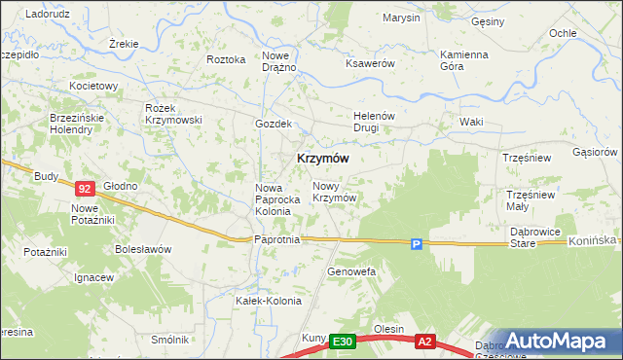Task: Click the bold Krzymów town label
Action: click(317, 158)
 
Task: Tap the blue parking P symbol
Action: click(416, 245)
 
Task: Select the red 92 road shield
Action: click(85, 189)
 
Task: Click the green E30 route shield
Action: click(341, 342)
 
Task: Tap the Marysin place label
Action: click(401, 18)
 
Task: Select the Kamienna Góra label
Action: click(463, 60)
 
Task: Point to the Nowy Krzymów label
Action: click(332, 191)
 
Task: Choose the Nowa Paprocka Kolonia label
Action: click(273, 199)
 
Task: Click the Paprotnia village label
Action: click(276, 237)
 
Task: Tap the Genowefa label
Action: click(351, 271)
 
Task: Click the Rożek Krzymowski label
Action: click(172, 113)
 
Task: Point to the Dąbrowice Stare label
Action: click(536, 237)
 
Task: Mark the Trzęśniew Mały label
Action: click(530, 199)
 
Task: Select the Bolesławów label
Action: click(143, 249)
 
